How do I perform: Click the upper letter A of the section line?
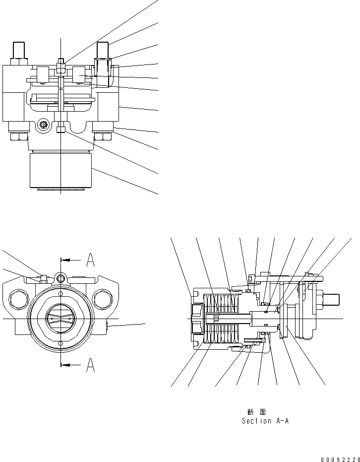[x=90, y=259]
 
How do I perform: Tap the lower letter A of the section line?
[x=90, y=365]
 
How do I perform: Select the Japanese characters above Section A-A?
[x=256, y=412]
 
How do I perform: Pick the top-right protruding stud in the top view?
[x=103, y=50]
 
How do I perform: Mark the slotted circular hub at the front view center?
[x=60, y=318]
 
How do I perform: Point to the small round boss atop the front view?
[x=60, y=279]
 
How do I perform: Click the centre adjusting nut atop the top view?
[x=60, y=65]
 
